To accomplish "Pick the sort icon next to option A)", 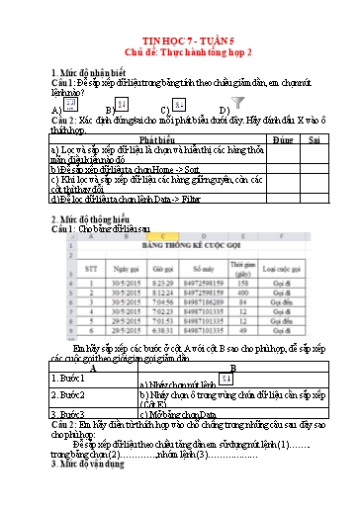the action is click(70, 104).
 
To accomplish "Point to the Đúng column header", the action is click(282, 141).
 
